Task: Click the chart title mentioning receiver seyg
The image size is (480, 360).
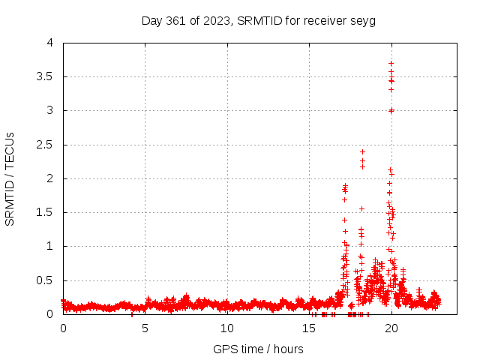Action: [258, 20]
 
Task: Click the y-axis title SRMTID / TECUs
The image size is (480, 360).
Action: [10, 178]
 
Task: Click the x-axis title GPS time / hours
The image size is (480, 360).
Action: [258, 349]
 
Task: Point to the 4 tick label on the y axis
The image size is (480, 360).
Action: [50, 43]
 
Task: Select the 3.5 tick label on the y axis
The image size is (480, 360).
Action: [46, 76]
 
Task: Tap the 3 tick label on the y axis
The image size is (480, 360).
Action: [50, 110]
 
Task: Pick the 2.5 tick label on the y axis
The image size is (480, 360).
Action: [46, 145]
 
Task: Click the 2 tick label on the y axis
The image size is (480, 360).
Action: [50, 178]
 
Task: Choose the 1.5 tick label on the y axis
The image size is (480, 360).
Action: [46, 212]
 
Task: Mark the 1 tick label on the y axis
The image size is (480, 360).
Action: [50, 246]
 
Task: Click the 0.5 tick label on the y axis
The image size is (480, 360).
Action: [46, 280]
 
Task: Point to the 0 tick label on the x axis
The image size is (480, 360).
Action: [63, 328]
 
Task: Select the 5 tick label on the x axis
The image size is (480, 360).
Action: [145, 328]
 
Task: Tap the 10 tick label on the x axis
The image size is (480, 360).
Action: [227, 328]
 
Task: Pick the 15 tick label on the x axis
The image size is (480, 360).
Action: [309, 328]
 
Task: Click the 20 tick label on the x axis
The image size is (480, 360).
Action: [391, 328]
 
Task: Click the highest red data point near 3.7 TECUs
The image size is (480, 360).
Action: [391, 63]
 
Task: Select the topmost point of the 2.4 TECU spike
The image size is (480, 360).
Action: [362, 151]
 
